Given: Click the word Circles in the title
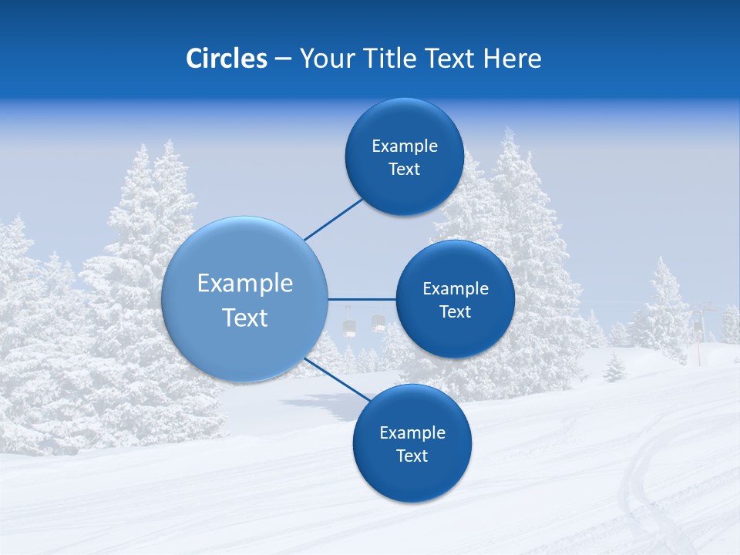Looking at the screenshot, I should (227, 59).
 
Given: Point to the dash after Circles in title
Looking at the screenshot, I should (283, 59).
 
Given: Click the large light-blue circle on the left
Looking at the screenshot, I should (244, 299).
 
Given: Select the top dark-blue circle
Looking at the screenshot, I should (404, 156).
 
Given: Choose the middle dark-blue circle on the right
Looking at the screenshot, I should (455, 299).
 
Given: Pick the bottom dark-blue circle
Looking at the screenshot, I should (412, 443).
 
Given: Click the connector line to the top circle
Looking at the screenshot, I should (333, 220).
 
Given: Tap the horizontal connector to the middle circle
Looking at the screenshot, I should (362, 299).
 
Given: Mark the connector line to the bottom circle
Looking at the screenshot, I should (336, 380).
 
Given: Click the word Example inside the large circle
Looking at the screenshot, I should (245, 283).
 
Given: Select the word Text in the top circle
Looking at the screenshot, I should (404, 170).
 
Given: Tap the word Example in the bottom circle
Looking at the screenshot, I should (412, 432).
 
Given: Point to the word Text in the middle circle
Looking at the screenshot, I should (455, 311).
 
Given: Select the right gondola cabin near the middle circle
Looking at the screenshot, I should (378, 322).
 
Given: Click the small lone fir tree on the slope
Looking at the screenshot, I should (614, 368).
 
